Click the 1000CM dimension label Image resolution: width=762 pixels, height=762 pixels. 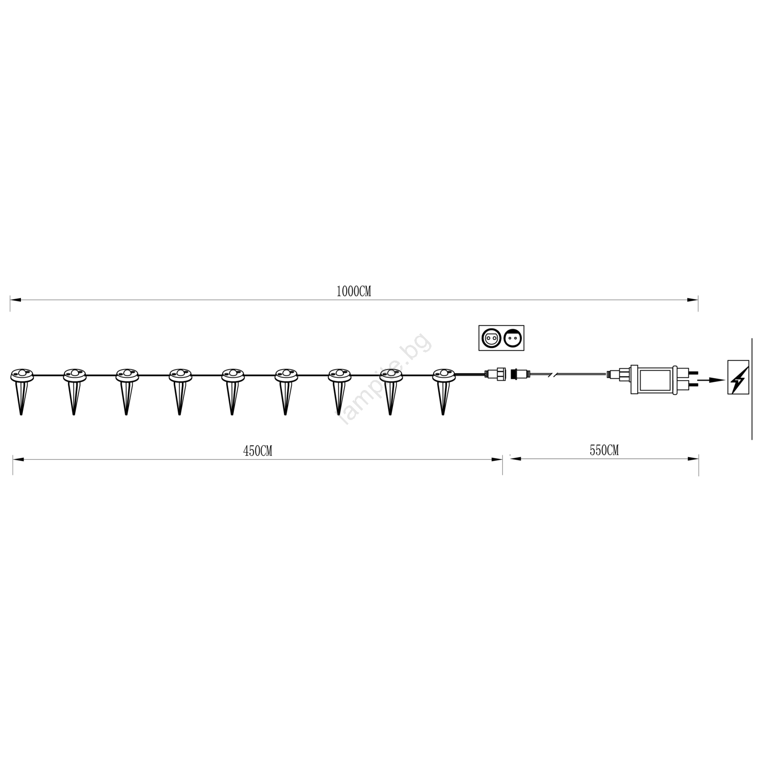[353, 292]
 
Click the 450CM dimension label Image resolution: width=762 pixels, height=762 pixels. [258, 451]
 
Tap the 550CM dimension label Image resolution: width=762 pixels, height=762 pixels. [604, 450]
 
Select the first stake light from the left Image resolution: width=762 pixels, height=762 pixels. [21, 391]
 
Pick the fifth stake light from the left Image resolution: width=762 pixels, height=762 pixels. [232, 391]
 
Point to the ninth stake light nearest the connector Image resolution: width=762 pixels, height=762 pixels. [443, 391]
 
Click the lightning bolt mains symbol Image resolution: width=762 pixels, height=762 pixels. [738, 377]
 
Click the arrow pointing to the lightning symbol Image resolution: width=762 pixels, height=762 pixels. [712, 380]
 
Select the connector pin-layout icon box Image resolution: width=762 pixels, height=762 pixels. [501, 338]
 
